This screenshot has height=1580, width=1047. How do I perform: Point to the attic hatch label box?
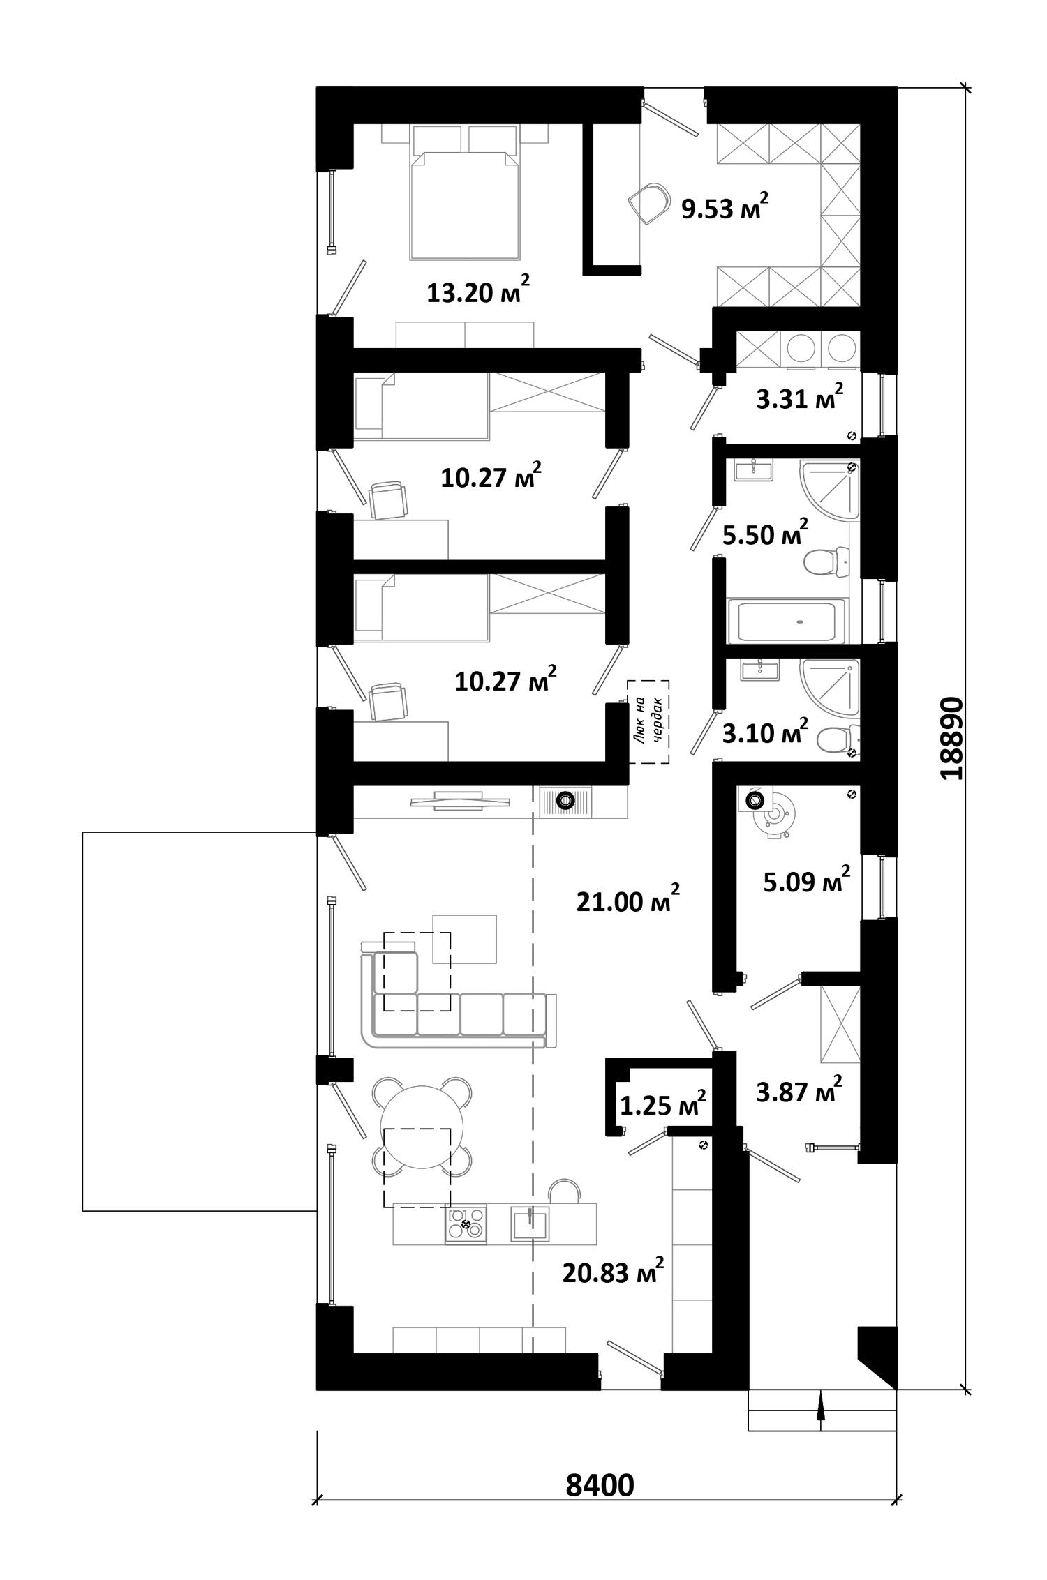click(x=648, y=721)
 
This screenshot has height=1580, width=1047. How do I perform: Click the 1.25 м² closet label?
click(x=663, y=1104)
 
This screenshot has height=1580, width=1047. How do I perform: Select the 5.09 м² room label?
click(x=807, y=881)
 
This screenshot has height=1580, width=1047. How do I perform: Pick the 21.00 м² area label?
click(x=628, y=901)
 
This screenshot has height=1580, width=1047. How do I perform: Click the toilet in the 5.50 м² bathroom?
click(x=826, y=562)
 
